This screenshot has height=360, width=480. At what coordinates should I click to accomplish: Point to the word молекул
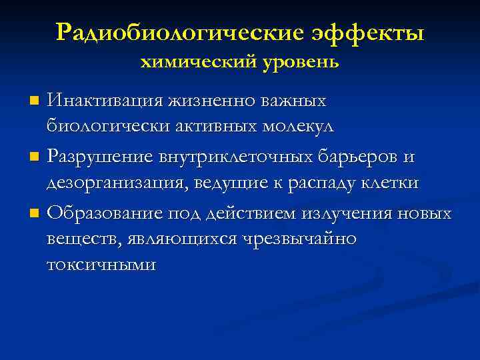pos(296,126)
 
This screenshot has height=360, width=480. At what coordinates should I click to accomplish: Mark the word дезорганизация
pos(117,183)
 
